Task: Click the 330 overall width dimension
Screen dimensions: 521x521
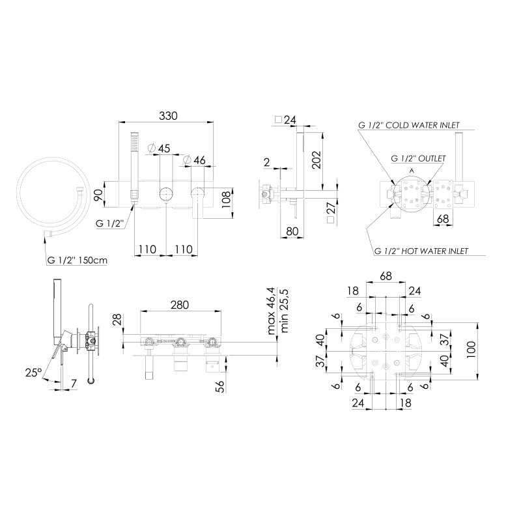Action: pos(168,116)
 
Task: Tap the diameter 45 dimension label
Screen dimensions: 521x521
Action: pos(158,148)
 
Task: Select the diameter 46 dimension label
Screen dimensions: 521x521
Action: pos(195,160)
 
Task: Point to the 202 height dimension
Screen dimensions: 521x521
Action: pos(317,160)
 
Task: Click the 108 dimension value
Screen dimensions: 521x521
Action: pos(226,199)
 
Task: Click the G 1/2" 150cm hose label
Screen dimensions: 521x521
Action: pos(77,260)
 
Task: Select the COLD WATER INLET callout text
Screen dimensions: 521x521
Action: pos(422,125)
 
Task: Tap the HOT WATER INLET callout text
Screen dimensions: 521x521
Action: pos(434,251)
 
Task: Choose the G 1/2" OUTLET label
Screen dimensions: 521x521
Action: pos(418,158)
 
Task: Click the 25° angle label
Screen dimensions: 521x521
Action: pos(34,373)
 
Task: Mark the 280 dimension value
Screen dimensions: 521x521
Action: pos(180,305)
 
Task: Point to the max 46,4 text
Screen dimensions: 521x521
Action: pos(271,311)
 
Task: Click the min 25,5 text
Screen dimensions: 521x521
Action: pos(284,311)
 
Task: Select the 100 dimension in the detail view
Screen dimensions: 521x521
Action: pos(471,350)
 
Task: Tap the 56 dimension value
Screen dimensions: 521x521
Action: pos(220,386)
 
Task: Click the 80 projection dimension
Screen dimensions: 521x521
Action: pos(292,231)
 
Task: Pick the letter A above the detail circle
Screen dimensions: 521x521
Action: pos(412,171)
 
